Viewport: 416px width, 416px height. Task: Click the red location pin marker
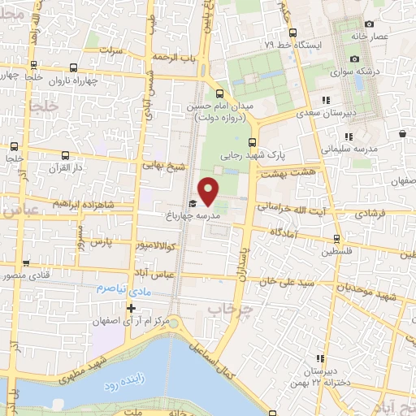pos(210,190)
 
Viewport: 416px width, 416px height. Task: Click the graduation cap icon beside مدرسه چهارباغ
pos(193,204)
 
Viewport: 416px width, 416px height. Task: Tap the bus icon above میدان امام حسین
pos(218,92)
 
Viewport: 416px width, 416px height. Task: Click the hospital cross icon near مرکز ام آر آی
pos(131,307)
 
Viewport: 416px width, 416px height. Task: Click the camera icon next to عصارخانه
pos(370,24)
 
